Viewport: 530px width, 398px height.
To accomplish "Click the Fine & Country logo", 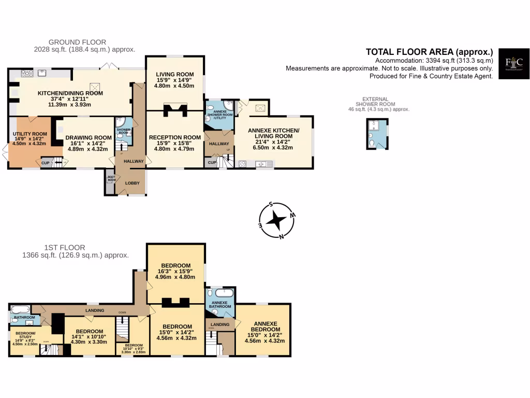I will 514,64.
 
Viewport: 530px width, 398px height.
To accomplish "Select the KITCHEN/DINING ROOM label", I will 70,93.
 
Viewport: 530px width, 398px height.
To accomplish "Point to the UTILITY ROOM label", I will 30,134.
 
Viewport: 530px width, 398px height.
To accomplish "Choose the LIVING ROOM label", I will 174,74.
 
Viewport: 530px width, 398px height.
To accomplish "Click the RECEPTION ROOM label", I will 174,137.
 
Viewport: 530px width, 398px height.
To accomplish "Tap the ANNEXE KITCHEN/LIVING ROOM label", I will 273,130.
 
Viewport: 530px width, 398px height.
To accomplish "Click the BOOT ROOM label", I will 111,178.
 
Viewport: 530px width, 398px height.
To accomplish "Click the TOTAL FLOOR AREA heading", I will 429,51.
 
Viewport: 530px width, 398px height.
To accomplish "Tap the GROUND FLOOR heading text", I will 77,42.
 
